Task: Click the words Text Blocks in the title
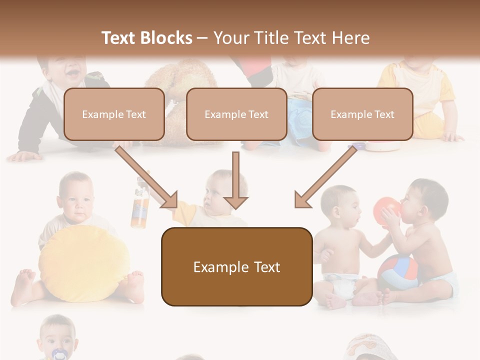[x=147, y=38]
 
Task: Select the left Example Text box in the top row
[x=114, y=114]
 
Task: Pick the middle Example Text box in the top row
[x=236, y=114]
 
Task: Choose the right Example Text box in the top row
[x=362, y=114]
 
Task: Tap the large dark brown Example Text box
[x=236, y=266]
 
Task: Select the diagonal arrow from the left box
[x=147, y=176]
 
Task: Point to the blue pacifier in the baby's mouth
[x=59, y=354]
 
